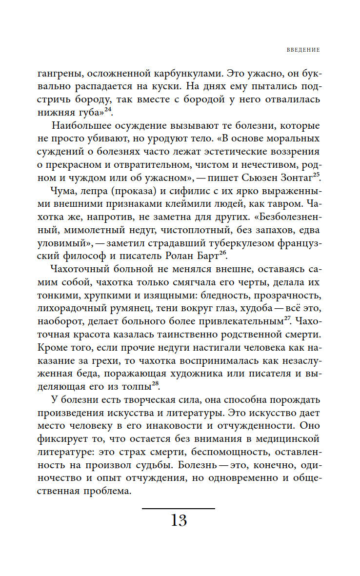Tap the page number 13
pyautogui.click(x=179, y=520)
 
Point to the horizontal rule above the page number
pyautogui.click(x=179, y=509)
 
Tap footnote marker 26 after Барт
pyautogui.click(x=247, y=251)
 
